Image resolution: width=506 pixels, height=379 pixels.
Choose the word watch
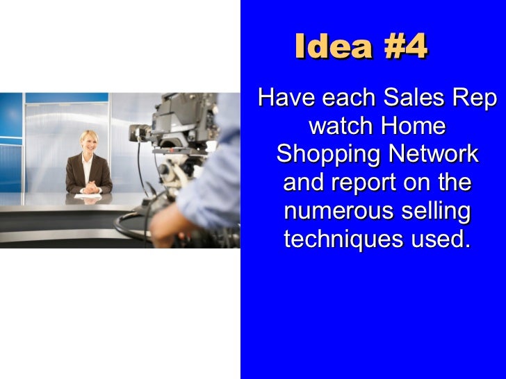click(x=340, y=128)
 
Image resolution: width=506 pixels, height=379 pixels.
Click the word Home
click(x=414, y=128)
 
